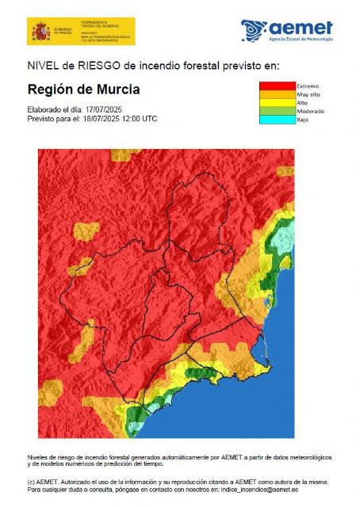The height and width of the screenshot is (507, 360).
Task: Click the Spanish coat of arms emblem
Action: tap(40, 32)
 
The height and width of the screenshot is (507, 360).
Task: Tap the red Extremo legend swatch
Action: tap(277, 86)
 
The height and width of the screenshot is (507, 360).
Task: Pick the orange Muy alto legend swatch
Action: tap(277, 94)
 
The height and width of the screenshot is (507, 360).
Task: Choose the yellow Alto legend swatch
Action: tap(277, 103)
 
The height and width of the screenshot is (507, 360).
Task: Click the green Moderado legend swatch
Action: tap(277, 112)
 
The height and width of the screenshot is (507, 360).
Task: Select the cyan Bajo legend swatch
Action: tap(277, 120)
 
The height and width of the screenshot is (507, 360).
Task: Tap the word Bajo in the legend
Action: tap(303, 120)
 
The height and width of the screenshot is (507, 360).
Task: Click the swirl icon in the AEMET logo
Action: tap(255, 30)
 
